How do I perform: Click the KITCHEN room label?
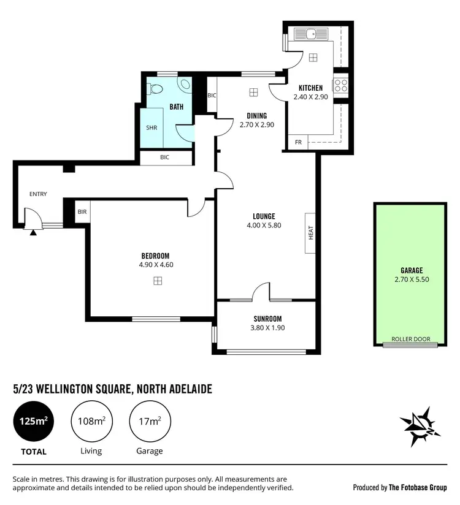tap(310, 88)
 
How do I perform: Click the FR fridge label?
tap(298, 142)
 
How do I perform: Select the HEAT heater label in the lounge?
tap(311, 233)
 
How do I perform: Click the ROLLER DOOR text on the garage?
tap(411, 339)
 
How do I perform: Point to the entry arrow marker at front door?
tap(33, 232)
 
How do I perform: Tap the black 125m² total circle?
tap(33, 421)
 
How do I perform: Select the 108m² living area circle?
tap(91, 421)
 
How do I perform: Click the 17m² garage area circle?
tap(149, 421)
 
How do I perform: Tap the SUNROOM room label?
tap(267, 319)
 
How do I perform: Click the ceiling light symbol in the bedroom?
tap(158, 281)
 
